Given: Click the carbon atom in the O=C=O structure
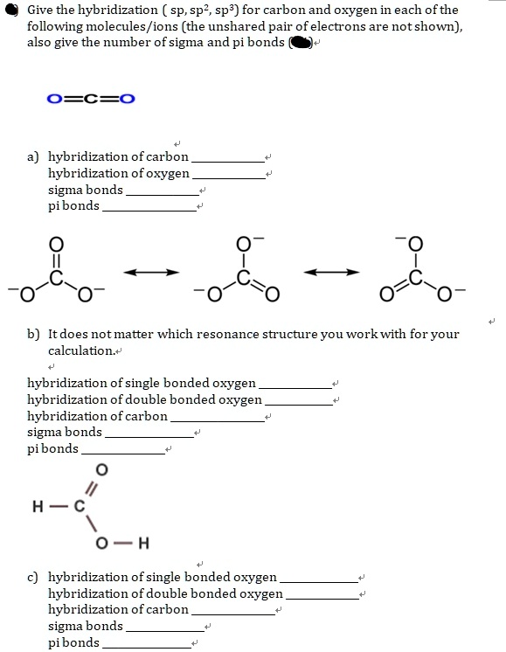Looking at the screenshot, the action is tap(90, 98).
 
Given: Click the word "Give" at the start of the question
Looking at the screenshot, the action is tap(39, 10).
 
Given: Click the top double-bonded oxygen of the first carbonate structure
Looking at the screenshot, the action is tap(58, 242).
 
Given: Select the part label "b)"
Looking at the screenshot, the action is tap(33, 335).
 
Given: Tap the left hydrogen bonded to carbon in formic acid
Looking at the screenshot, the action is tap(37, 505).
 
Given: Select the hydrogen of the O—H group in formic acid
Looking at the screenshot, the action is tap(144, 544).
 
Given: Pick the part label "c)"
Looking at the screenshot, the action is tap(33, 577).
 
